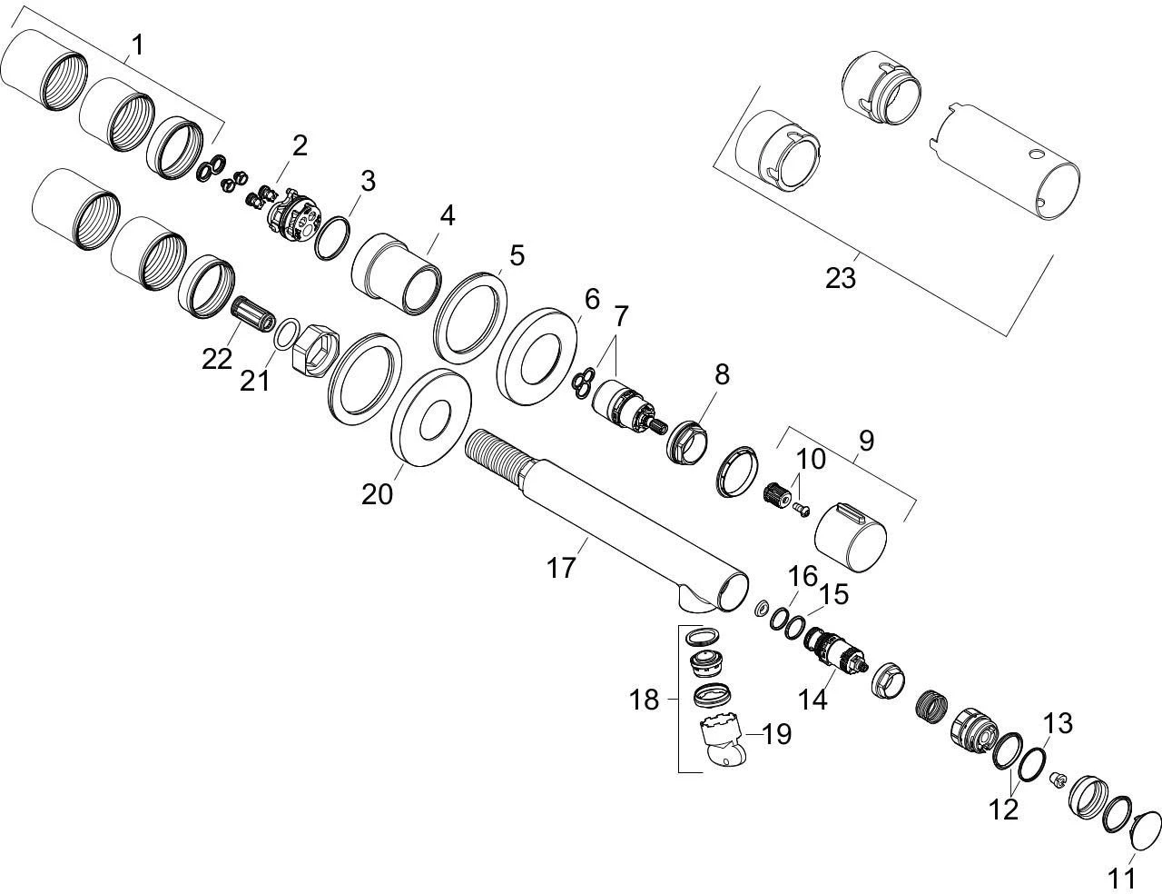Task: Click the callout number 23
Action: [x=840, y=278]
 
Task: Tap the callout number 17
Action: [x=560, y=567]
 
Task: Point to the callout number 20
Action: [x=377, y=494]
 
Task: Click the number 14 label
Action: [x=812, y=700]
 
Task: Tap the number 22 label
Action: [x=217, y=359]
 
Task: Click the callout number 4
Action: [x=447, y=215]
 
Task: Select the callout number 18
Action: [x=644, y=700]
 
